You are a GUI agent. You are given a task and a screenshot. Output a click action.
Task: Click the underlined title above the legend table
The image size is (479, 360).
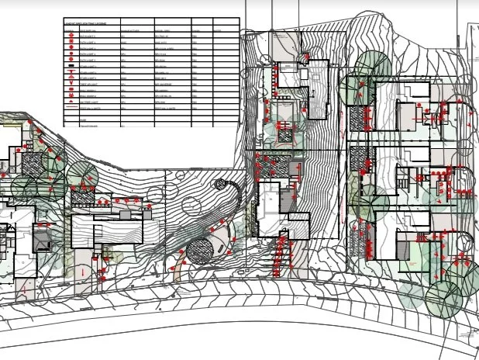[x=85, y=24]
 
